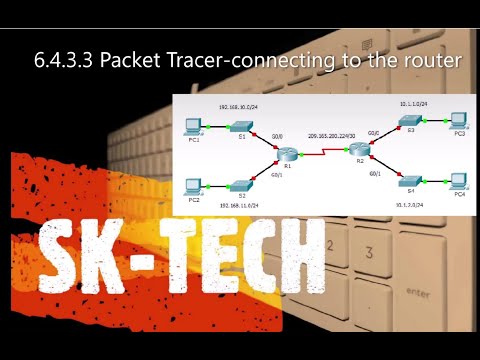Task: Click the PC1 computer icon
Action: tap(194, 126)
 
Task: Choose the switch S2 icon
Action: tap(240, 185)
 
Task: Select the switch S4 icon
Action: tap(408, 181)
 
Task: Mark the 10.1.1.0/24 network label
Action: tap(410, 104)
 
